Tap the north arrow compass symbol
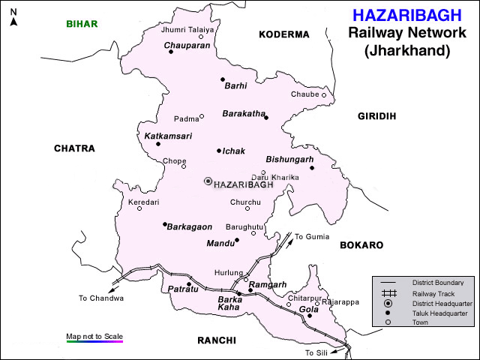(x=13, y=17)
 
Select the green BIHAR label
(x=81, y=24)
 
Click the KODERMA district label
(x=283, y=34)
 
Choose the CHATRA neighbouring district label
(x=74, y=148)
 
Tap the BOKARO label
(x=361, y=245)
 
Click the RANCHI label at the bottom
(x=217, y=340)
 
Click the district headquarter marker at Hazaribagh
(x=208, y=181)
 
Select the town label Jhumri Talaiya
(x=187, y=29)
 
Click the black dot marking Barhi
(x=223, y=79)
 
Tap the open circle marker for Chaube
(x=325, y=95)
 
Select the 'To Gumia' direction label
(x=311, y=236)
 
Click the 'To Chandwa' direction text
(x=100, y=298)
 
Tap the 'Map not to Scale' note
(x=94, y=336)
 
